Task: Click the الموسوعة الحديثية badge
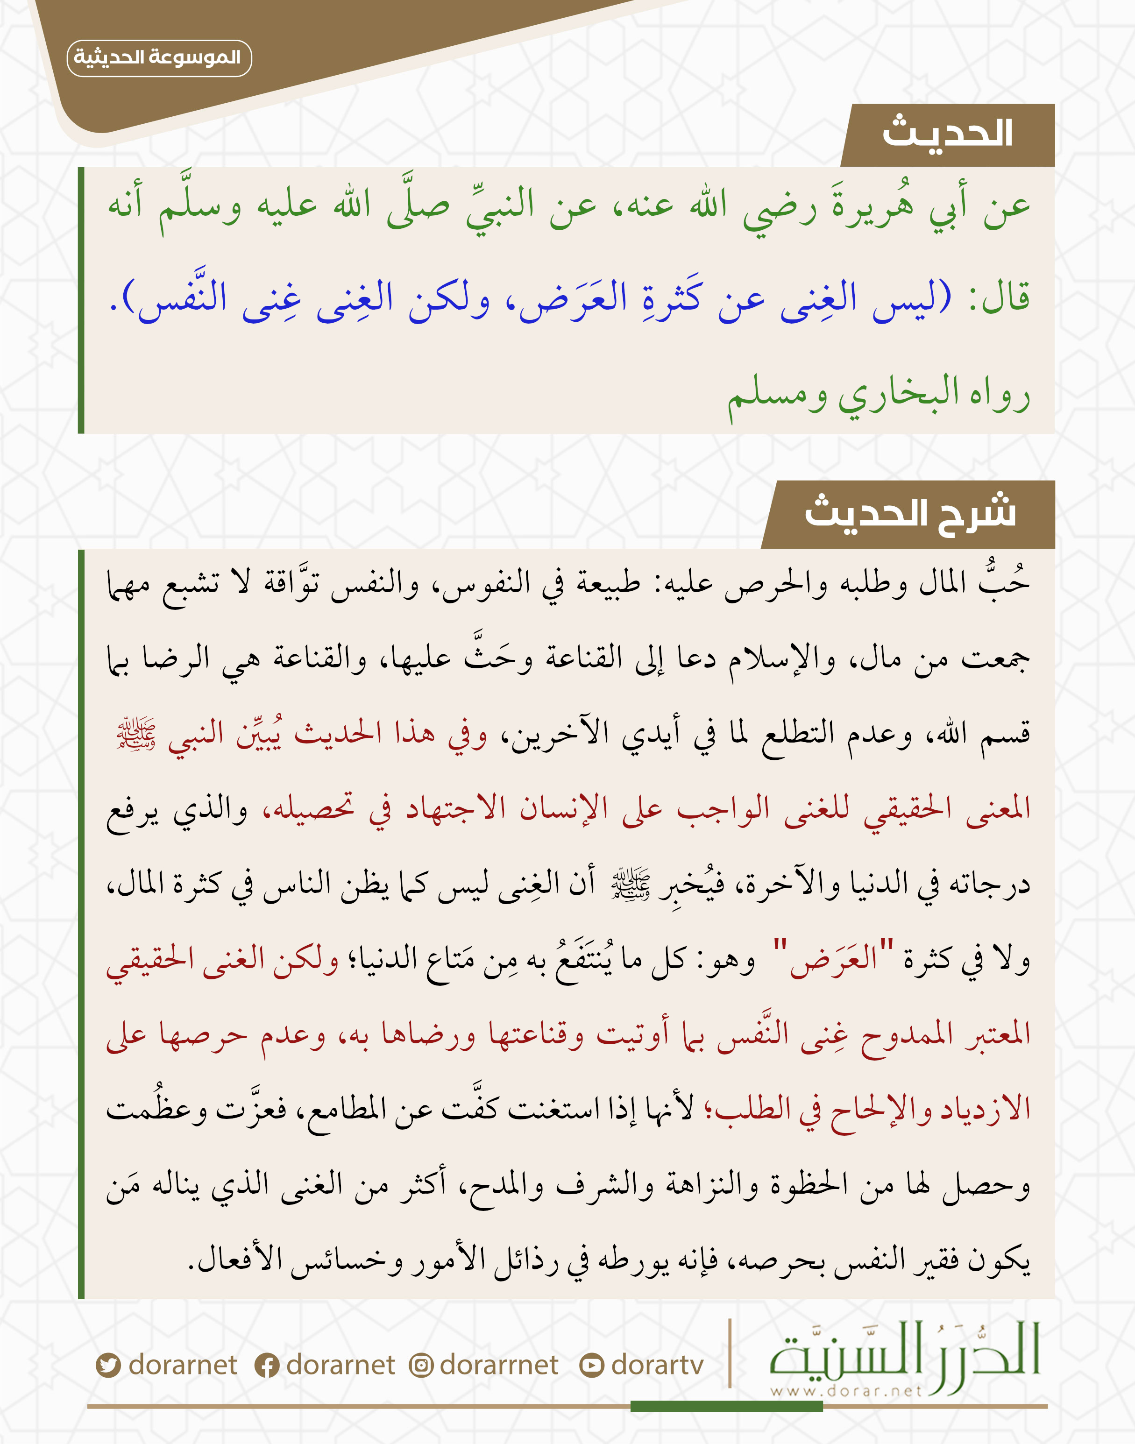pos(159,58)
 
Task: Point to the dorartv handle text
pos(657,1366)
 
